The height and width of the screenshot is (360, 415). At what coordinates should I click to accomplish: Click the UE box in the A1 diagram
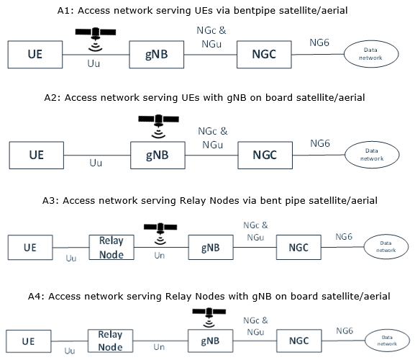coord(35,55)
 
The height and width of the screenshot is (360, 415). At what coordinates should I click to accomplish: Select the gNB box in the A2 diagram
coord(158,156)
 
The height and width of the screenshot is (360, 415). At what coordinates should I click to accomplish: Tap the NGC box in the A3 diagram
coord(298,247)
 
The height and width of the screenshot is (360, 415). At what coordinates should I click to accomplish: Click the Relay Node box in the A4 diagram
coord(110,341)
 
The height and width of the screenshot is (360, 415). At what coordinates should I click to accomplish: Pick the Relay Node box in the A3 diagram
coord(111,247)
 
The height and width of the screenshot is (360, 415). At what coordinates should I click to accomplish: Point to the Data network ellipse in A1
coord(371,54)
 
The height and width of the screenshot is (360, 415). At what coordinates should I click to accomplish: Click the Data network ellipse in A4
coord(387,341)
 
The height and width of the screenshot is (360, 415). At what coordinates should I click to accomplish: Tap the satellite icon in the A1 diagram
coord(96,39)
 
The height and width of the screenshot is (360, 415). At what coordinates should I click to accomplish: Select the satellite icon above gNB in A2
coord(158,126)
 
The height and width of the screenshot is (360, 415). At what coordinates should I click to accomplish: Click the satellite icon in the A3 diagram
coord(160,233)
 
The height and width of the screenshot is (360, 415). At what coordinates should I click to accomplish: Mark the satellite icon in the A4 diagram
coord(209,318)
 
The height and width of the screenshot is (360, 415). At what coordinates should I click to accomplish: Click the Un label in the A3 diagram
coord(160,256)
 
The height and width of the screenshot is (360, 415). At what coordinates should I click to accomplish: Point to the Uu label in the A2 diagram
coord(96,163)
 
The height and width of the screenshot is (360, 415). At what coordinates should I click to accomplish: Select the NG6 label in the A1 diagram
coord(319,42)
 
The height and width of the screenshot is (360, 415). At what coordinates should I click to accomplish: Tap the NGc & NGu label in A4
coord(255,326)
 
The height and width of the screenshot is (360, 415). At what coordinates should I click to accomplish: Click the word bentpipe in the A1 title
coord(255,11)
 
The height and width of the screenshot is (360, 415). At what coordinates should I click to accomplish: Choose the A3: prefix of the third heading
coord(51,201)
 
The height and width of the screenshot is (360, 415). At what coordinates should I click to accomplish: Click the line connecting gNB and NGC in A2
coord(211,156)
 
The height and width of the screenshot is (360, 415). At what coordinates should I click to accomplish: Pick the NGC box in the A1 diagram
coord(264,55)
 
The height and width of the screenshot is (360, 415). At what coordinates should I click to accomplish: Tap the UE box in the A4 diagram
coord(29,341)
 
